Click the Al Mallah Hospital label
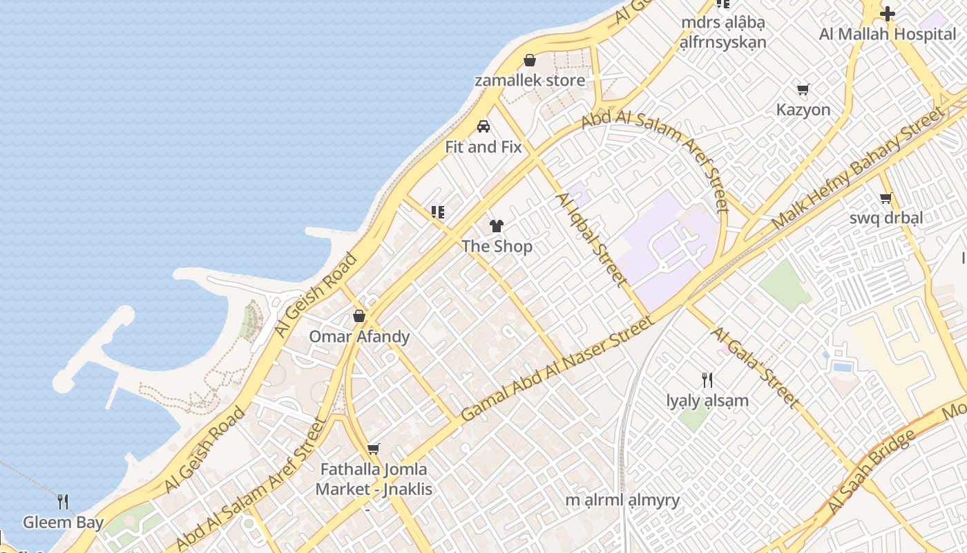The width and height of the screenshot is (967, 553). tap(888, 34)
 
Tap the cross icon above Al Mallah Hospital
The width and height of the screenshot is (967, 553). tap(888, 13)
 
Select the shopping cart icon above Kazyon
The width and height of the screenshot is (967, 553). tap(803, 89)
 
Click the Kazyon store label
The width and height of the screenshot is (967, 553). tap(803, 109)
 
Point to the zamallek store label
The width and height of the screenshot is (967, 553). tap(530, 80)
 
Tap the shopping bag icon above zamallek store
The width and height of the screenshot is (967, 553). tap(530, 60)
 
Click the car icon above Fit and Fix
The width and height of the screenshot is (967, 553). tap(483, 126)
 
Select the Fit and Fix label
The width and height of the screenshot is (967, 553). tap(483, 147)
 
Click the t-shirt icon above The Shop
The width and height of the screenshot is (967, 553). tap(497, 225)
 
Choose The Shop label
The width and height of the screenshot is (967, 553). tap(497, 246)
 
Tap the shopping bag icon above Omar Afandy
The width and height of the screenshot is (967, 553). tap(359, 317)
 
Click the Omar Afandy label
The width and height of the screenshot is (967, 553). tap(359, 337)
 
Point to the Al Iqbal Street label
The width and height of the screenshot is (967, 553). tap(592, 239)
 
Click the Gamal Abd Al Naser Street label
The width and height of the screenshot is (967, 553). tap(557, 368)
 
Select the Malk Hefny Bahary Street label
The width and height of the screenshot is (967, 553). tap(856, 169)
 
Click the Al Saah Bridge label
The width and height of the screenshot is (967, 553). tap(871, 471)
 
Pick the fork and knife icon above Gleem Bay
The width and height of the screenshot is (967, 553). tap(63, 501)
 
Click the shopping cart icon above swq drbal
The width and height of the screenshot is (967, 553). tap(886, 198)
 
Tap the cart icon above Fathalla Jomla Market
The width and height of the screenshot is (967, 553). tap(374, 449)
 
